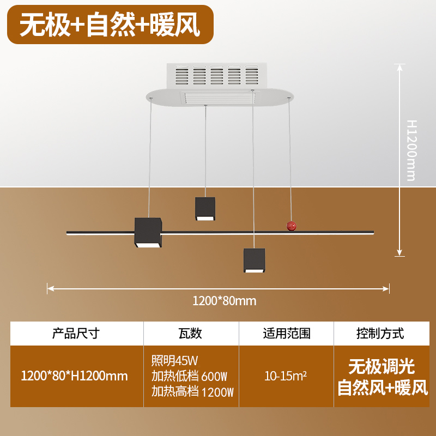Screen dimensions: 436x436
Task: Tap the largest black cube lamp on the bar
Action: (x=148, y=233)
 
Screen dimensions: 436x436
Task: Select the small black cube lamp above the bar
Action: (x=205, y=209)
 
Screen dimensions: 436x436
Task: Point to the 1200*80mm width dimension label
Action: (x=224, y=300)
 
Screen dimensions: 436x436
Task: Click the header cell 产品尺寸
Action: (x=76, y=333)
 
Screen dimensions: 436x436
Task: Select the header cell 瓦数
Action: (x=190, y=333)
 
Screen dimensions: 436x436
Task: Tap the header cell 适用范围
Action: (x=287, y=333)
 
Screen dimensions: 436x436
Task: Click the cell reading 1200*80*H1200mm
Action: (x=74, y=376)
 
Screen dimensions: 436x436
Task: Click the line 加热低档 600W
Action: (x=189, y=376)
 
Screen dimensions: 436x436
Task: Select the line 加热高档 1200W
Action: (x=192, y=391)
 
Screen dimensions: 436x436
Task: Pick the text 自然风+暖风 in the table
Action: (x=383, y=387)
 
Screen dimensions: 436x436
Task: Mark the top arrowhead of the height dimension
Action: (x=401, y=66)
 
